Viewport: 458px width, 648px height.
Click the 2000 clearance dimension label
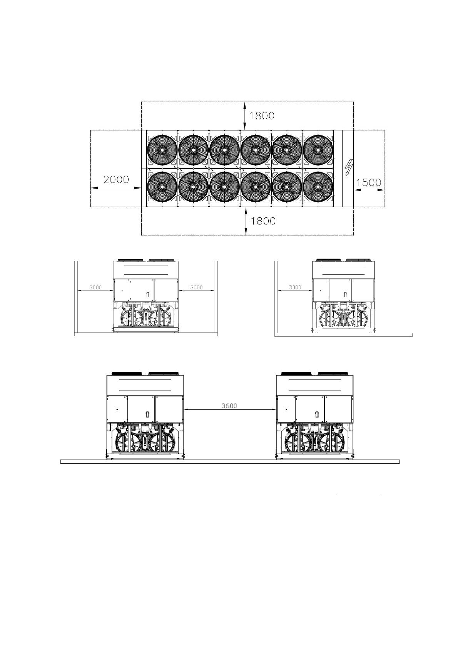(x=116, y=180)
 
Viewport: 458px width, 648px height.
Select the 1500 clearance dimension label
(x=368, y=182)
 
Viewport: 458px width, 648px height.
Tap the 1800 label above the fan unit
(x=262, y=116)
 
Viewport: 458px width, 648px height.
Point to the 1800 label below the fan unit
(x=263, y=221)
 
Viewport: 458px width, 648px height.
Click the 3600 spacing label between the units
(x=229, y=406)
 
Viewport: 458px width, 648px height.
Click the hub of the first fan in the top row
(x=162, y=150)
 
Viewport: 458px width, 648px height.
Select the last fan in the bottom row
(x=318, y=187)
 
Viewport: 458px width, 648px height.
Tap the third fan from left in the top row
(x=224, y=150)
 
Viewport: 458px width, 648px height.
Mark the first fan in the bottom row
(x=162, y=187)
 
